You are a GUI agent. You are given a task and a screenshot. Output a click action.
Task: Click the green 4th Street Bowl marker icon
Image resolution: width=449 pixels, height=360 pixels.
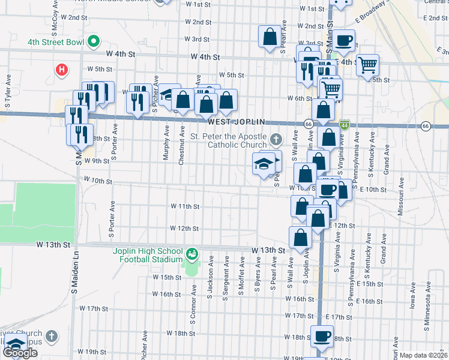pos(93,42)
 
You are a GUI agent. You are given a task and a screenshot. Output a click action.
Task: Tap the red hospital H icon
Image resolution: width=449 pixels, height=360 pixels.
pos(61,70)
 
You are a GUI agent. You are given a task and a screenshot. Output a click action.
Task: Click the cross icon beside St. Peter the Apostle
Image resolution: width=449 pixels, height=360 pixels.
pos(276,140)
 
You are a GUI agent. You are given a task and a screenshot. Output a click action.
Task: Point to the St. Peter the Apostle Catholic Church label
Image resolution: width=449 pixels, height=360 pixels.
pos(228,140)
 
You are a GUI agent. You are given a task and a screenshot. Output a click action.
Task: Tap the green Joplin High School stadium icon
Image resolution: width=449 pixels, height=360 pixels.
pos(191,254)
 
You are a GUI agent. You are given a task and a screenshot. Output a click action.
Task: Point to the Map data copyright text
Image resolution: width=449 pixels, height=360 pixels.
pos(423,355)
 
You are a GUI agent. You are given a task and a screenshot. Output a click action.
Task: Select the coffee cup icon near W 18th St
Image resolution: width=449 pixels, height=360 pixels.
pos(322,335)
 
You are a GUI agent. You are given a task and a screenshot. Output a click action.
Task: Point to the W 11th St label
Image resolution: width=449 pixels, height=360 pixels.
pos(184,206)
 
